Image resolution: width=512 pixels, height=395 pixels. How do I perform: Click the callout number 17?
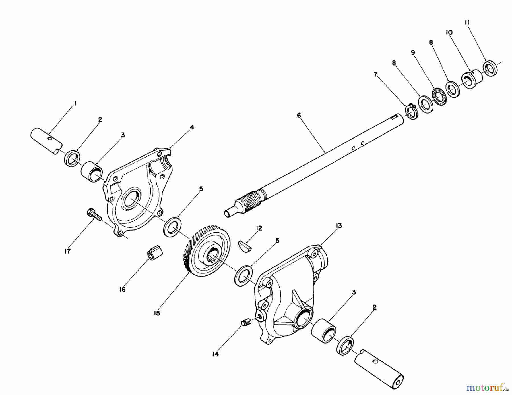67,251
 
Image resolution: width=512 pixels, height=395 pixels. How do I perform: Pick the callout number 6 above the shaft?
299,116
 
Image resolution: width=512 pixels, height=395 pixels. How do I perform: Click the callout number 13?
338,226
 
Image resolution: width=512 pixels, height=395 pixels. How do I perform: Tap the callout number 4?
192,127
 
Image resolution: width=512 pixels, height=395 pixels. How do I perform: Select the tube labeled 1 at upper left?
46,141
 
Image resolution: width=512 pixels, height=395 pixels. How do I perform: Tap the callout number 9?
413,53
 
